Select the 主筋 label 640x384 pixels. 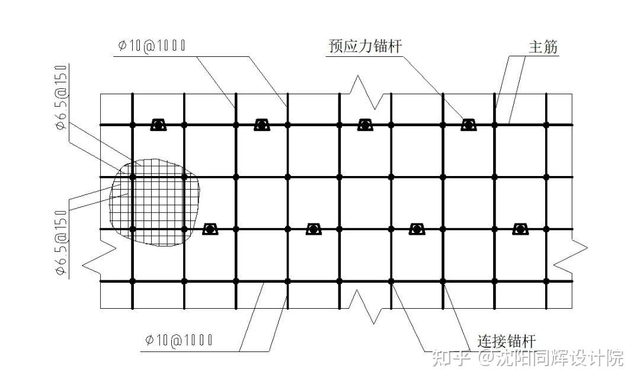point(543,47)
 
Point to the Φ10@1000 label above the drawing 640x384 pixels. point(152,46)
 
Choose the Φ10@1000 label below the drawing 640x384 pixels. point(178,340)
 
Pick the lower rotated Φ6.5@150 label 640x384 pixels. point(61,244)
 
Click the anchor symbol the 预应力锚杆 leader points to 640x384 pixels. point(469,125)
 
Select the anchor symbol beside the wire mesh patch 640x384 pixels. point(210,229)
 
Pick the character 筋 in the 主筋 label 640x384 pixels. point(551,47)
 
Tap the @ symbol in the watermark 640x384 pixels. point(487,358)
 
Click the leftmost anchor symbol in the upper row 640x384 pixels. point(158,125)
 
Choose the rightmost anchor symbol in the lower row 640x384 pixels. point(520,229)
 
